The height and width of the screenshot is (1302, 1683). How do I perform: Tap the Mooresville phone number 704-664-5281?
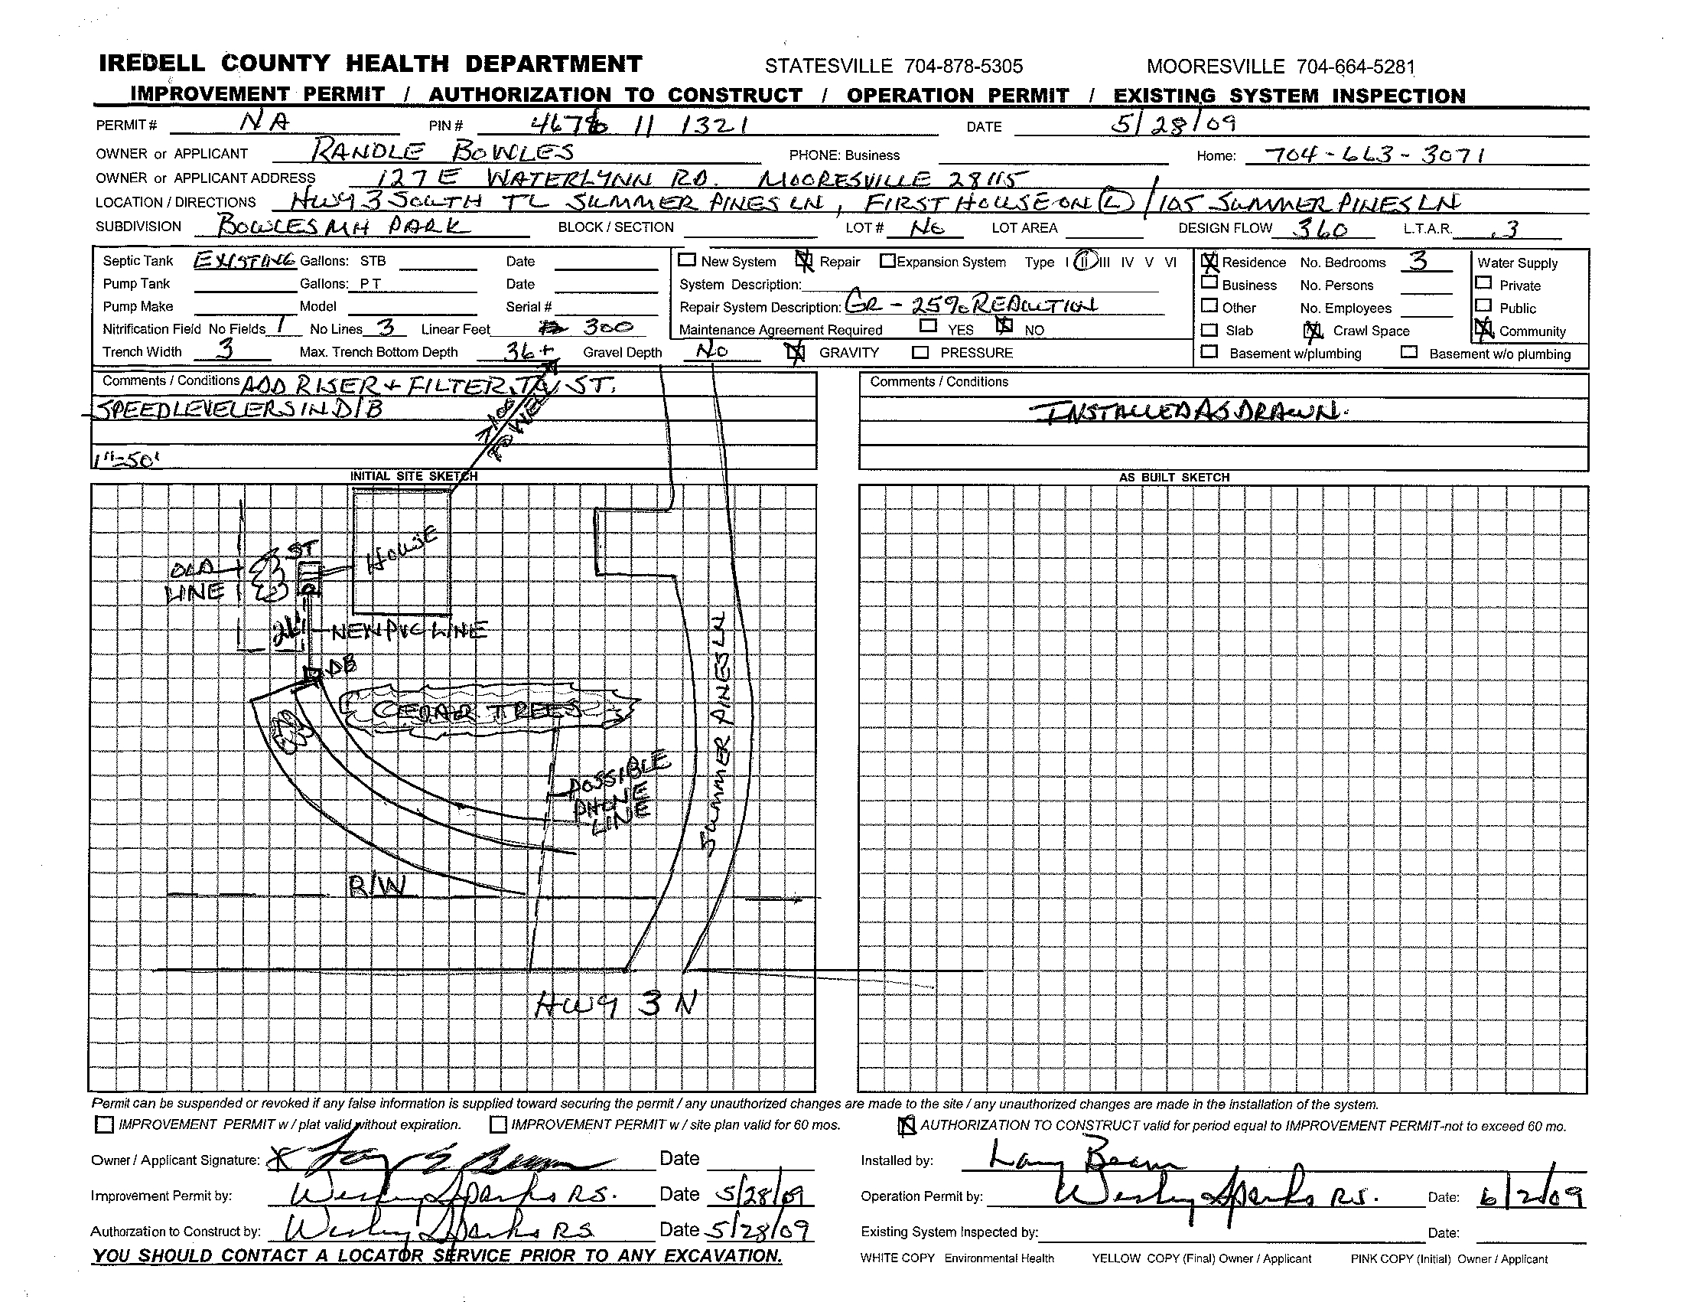[x=1281, y=67]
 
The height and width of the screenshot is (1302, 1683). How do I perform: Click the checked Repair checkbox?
[x=804, y=261]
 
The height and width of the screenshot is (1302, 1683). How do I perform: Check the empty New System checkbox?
[x=688, y=260]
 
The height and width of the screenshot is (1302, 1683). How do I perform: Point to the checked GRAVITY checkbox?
[x=795, y=353]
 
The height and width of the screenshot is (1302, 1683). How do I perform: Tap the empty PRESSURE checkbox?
[x=920, y=353]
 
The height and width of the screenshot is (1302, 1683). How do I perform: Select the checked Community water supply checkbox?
[x=1483, y=331]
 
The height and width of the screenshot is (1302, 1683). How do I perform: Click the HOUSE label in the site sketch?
[x=402, y=550]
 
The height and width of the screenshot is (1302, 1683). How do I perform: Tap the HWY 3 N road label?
[x=617, y=1004]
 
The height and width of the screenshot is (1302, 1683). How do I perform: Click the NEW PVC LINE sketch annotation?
[x=409, y=632]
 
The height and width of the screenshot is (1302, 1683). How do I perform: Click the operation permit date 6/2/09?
[x=1531, y=1196]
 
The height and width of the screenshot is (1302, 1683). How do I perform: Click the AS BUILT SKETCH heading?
[x=1174, y=478]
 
